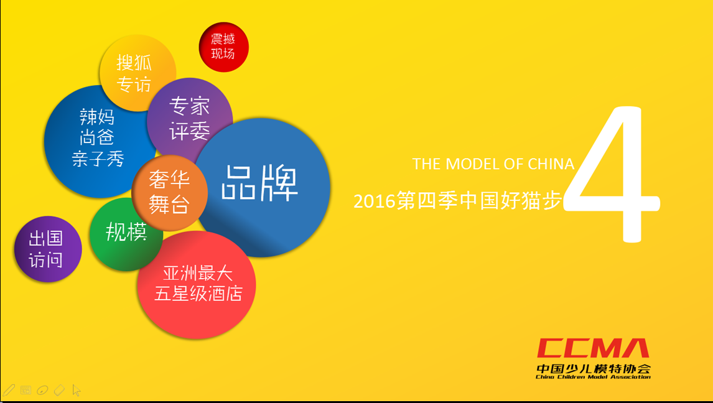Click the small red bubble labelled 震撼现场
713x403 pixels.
coord(223,47)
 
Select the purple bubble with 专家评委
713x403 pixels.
coord(190,119)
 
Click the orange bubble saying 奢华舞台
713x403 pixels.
coord(169,193)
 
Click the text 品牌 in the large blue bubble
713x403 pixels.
coord(259,183)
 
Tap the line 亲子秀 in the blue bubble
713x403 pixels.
coord(98,159)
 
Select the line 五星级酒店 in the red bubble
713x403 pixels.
coord(198,294)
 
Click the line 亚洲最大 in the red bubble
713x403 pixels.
coord(198,274)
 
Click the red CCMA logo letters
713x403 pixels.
coord(593,348)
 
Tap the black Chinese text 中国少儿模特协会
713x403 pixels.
coord(594,368)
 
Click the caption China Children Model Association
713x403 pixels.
coord(594,377)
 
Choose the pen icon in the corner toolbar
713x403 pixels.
coord(9,391)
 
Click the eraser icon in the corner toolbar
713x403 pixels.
coord(59,391)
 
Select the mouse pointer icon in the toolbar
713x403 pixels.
coord(76,391)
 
